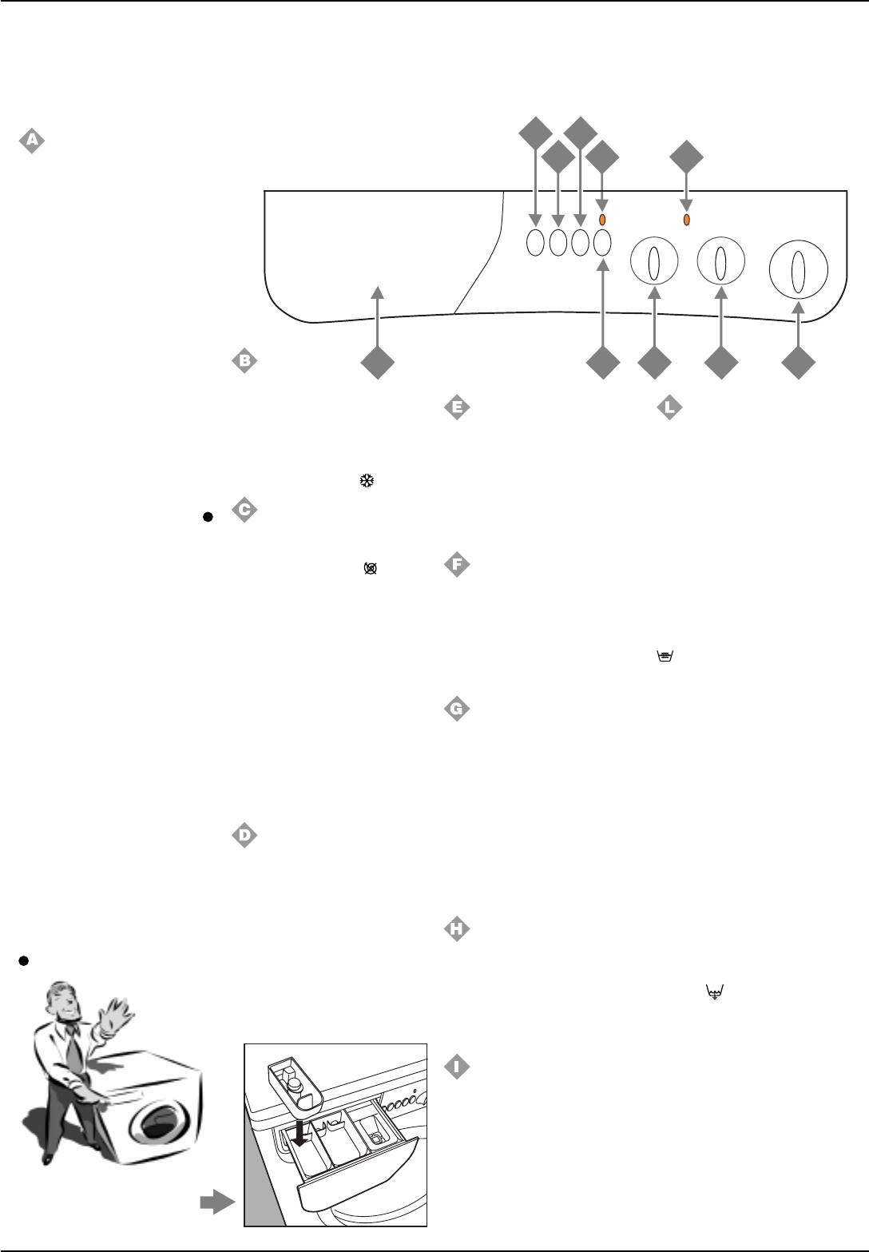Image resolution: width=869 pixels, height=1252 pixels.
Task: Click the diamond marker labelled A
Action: (x=31, y=141)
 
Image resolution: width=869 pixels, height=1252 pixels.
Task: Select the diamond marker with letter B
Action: (x=244, y=361)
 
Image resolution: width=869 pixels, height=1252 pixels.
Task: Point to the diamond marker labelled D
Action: (x=244, y=836)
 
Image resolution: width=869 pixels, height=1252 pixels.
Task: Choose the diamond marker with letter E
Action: (x=456, y=408)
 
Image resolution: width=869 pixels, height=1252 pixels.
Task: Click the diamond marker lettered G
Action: (x=456, y=709)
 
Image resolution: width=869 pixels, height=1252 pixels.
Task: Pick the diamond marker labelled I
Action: (x=456, y=1067)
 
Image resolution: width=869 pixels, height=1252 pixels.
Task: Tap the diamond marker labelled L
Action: (x=669, y=408)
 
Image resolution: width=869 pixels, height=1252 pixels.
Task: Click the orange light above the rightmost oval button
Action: (x=603, y=221)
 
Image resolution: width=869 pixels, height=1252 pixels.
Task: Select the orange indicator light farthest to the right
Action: (x=686, y=220)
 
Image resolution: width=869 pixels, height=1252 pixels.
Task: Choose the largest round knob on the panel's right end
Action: (x=796, y=269)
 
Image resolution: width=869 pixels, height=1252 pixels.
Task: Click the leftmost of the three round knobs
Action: (x=654, y=262)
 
